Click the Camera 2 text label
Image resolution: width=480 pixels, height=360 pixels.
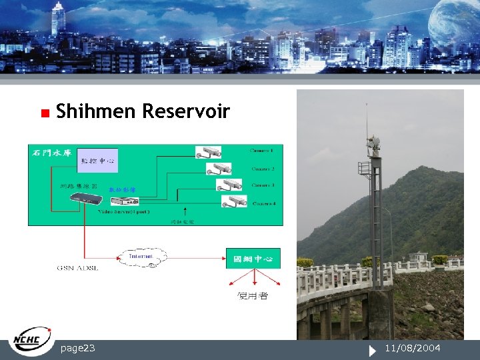click(x=263, y=169)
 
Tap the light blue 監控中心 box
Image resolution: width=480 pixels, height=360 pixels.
click(x=97, y=161)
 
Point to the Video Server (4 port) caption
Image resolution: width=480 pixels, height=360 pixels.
click(x=123, y=211)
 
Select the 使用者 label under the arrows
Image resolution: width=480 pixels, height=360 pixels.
click(x=253, y=295)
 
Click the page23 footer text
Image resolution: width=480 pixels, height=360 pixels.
click(x=77, y=348)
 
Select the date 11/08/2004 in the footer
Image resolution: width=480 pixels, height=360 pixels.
click(x=413, y=348)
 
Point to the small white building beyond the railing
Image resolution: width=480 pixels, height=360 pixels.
click(x=418, y=257)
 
